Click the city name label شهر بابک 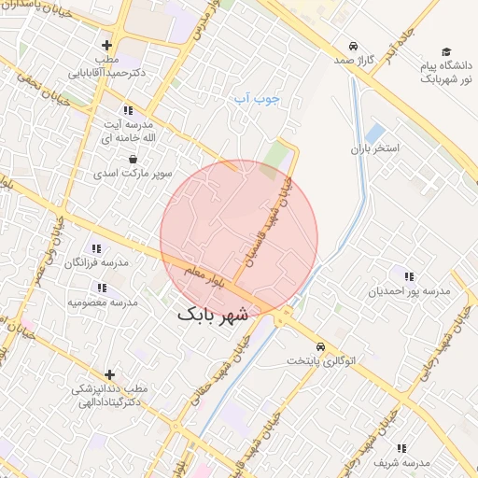point(213,315)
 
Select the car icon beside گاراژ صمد point(352,46)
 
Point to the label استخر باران point(374,148)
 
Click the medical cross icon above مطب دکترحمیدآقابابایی point(106,45)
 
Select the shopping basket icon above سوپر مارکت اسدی point(134,160)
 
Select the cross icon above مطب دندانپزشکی point(110,374)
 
